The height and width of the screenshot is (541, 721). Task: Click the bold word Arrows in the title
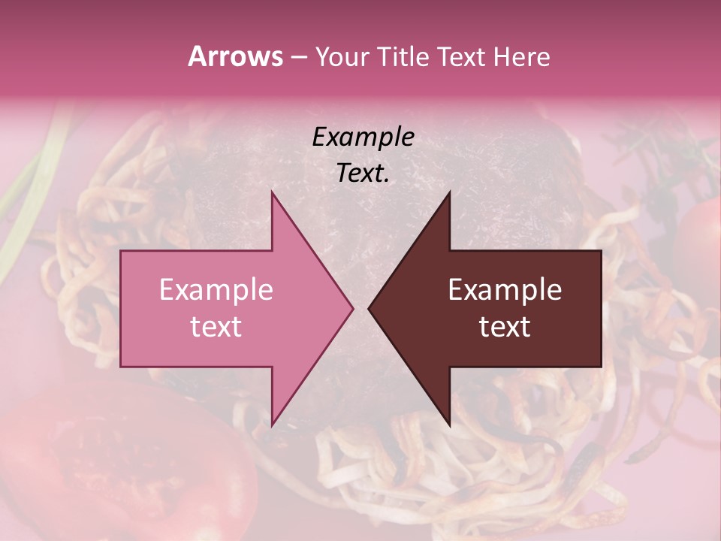235,56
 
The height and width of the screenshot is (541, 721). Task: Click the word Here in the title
523,57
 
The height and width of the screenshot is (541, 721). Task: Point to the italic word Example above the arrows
363,137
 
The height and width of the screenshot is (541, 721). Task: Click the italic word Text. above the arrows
363,173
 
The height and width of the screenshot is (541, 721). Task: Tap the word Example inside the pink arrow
216,290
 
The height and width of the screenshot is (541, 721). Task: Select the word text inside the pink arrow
216,326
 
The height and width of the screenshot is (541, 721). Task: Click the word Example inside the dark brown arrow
505,290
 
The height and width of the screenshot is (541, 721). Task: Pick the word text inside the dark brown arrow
505,326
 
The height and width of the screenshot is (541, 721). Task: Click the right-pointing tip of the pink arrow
351,308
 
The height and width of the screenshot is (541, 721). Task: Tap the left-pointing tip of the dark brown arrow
370,308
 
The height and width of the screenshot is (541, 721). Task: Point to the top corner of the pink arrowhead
272,192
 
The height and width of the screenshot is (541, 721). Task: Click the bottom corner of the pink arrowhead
272,425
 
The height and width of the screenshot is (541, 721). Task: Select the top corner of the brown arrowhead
449,192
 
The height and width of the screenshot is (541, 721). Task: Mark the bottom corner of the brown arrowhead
449,425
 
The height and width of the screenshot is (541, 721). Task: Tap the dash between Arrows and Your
297,58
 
